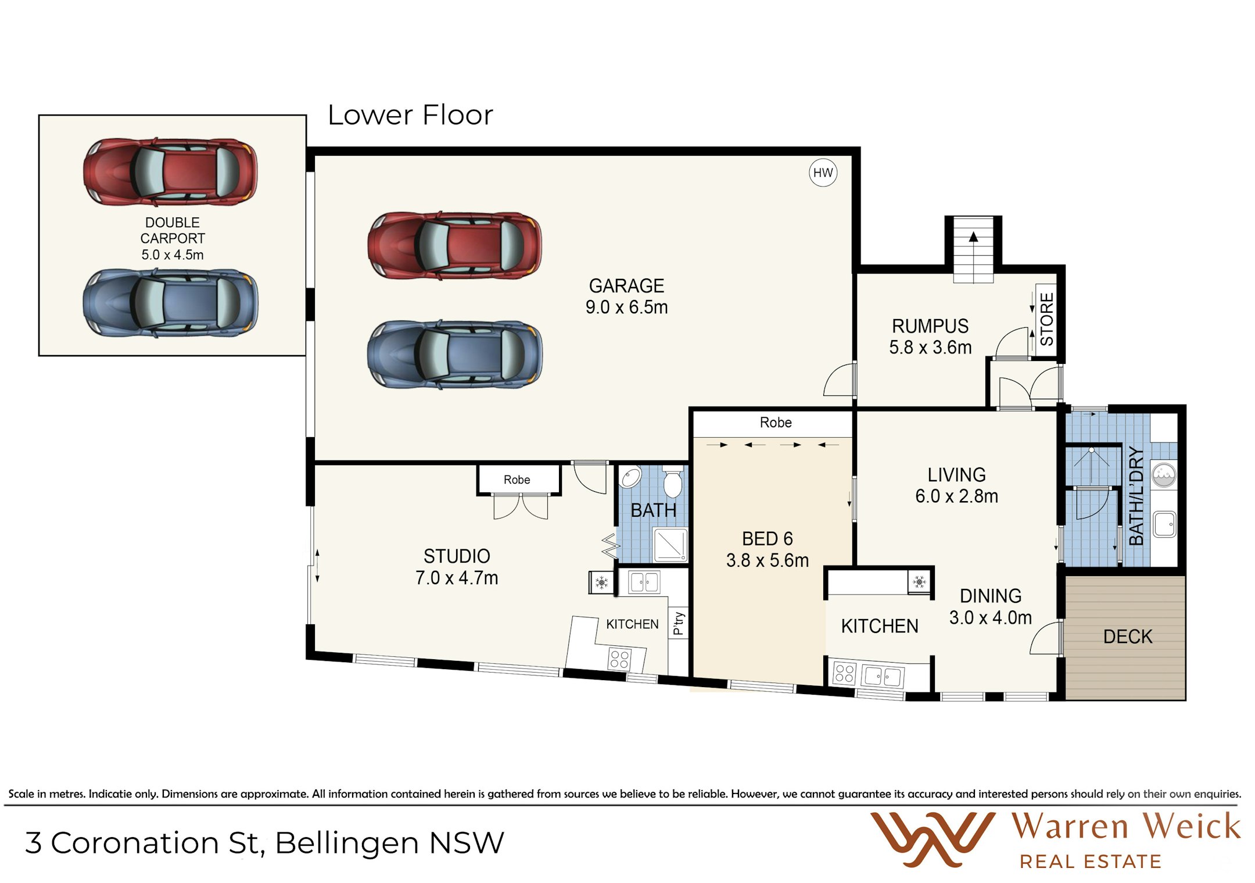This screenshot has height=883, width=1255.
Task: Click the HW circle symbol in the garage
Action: coord(823,173)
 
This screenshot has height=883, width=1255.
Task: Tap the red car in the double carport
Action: coord(170,171)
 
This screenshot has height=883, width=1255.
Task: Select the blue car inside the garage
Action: coord(455,353)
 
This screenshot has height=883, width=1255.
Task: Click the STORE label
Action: coord(1046,319)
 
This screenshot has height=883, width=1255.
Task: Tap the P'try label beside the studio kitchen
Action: coord(678,623)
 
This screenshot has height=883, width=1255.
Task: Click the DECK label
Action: coord(1127,637)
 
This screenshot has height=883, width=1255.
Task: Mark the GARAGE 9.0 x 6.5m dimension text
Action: coord(626,307)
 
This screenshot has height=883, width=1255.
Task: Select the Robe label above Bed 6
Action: coord(776,423)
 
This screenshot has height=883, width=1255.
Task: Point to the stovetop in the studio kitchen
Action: coord(619,659)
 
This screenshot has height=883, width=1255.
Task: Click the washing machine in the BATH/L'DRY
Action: coord(1164,475)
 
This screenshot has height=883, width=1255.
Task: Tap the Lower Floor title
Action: coord(410,115)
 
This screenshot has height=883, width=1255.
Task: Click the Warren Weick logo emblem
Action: coord(932,839)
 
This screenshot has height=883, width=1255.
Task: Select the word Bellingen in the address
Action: coord(347,843)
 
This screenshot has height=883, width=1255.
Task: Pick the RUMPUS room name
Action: coord(930,326)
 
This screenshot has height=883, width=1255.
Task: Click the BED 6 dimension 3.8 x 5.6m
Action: coord(767,560)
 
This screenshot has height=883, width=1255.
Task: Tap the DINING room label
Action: coord(990,596)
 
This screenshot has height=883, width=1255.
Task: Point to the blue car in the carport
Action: coord(170,303)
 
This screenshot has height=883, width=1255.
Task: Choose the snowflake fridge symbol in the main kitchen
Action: coord(919,581)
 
